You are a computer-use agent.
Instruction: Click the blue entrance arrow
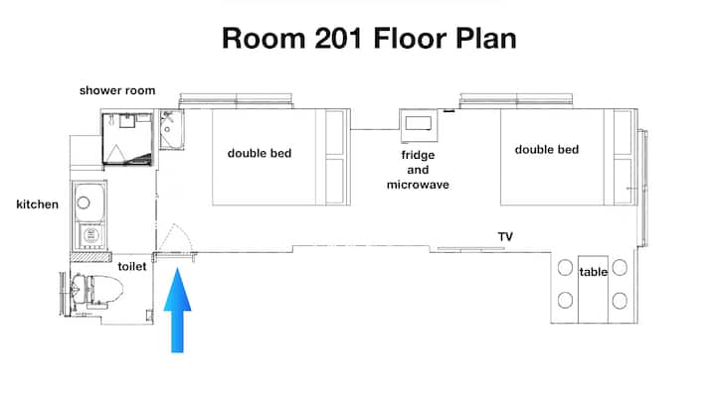tap(178, 310)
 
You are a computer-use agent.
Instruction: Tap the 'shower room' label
tap(117, 90)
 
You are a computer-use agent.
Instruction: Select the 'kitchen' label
tap(38, 204)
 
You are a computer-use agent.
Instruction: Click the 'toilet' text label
tap(132, 266)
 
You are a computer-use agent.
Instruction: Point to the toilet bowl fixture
tap(96, 291)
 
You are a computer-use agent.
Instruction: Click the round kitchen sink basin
tap(84, 202)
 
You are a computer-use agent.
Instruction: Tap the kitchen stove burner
tap(90, 235)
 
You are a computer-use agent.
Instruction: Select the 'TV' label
tap(505, 236)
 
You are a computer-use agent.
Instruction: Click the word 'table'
tap(593, 272)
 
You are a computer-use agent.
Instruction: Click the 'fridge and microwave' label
tap(418, 170)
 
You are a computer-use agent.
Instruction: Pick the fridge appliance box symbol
tap(419, 125)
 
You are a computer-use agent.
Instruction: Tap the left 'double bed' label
tap(260, 153)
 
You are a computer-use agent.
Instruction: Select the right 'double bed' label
tap(547, 150)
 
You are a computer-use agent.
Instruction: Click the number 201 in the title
tap(340, 38)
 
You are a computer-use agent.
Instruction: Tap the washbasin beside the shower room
tap(171, 129)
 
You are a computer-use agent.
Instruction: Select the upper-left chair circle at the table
tap(565, 268)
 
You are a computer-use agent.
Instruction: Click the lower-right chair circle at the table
tap(620, 301)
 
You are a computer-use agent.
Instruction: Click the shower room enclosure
tap(127, 139)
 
